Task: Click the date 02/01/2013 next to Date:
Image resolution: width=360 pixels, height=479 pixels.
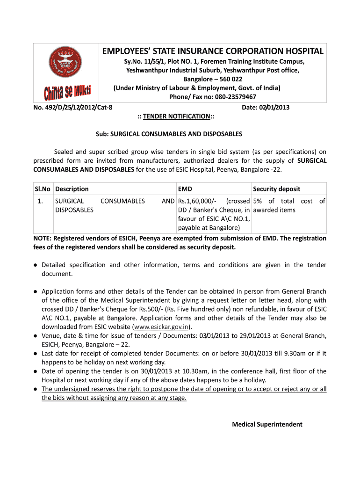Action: point(272,107)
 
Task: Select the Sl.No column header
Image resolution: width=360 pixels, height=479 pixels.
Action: point(43,189)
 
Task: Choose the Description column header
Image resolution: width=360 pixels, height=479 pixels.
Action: point(72,189)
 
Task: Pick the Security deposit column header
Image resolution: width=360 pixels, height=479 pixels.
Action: point(276,189)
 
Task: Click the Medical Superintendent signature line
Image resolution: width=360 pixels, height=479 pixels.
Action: point(267,424)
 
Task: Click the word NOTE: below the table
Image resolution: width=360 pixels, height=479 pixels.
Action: point(43,238)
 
